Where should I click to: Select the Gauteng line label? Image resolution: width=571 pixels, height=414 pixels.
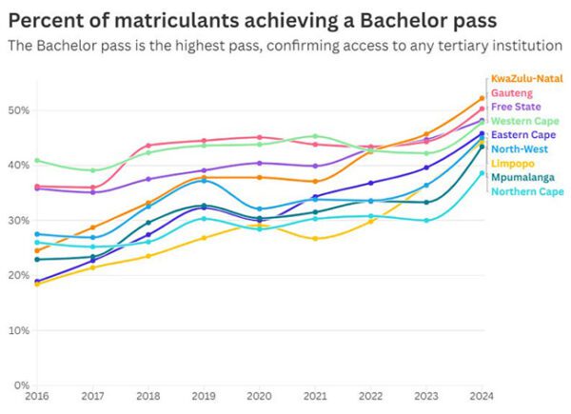pyautogui.click(x=510, y=92)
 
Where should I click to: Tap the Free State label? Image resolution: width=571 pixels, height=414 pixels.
pyautogui.click(x=515, y=107)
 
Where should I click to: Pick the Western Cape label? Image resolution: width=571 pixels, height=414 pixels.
pyautogui.click(x=522, y=121)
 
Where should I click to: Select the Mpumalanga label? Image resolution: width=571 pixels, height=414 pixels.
pyautogui.click(x=520, y=178)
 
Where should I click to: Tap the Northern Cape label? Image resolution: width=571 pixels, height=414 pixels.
pyautogui.click(x=526, y=192)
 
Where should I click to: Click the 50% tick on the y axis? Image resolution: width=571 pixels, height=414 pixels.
pyautogui.click(x=19, y=110)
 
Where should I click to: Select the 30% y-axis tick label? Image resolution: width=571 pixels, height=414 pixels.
pyautogui.click(x=19, y=221)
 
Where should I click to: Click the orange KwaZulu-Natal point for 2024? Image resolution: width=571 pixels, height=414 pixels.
pyautogui.click(x=482, y=98)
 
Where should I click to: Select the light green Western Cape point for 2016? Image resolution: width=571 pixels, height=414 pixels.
pyautogui.click(x=36, y=160)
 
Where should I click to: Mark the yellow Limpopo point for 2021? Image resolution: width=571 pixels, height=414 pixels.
pyautogui.click(x=315, y=239)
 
